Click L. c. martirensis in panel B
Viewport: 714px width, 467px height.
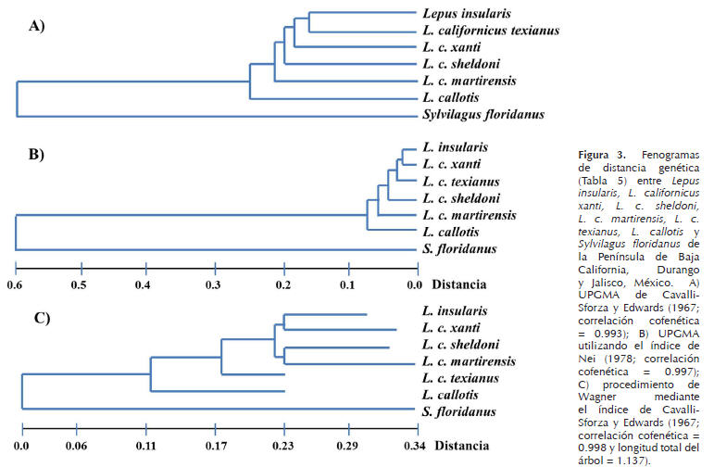coord(469,215)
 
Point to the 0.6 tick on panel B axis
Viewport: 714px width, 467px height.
coord(14,283)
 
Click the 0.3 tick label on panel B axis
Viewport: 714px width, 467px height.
coord(213,283)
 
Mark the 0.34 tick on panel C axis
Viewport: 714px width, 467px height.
coord(413,445)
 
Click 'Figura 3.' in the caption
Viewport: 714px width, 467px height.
coord(599,152)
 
